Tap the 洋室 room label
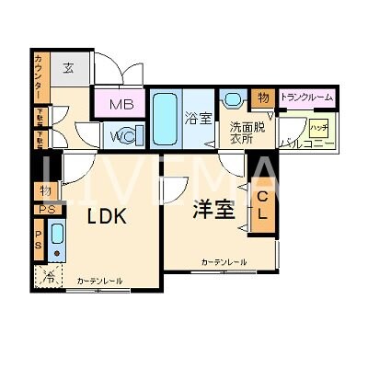pos(213,210)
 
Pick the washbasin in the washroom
pos(233,99)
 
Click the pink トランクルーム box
pos(307,97)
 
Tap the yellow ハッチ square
pos(318,128)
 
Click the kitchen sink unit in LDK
pos(57,240)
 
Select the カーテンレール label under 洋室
pos(224,263)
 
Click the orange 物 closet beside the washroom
pos(263,98)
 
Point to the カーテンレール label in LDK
pos(99,281)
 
